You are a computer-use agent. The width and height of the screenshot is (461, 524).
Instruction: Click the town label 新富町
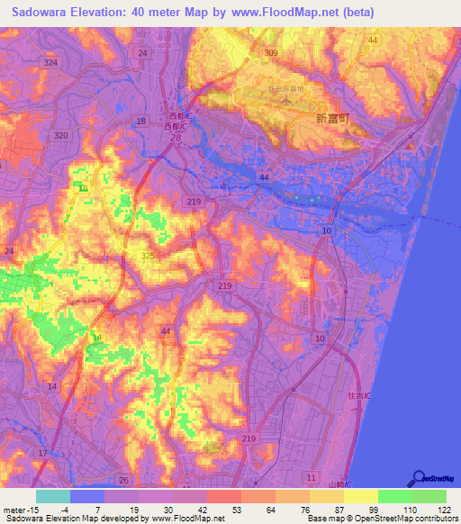[x=332, y=118]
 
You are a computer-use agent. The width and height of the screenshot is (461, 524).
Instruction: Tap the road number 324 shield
[x=50, y=62]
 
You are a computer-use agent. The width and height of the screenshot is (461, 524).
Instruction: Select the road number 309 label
[x=271, y=54]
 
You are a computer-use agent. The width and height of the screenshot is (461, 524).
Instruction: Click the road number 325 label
[x=147, y=257]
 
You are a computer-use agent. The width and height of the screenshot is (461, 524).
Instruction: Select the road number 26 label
[x=124, y=480]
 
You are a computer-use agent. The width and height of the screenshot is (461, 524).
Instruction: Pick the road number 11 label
[x=312, y=475]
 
